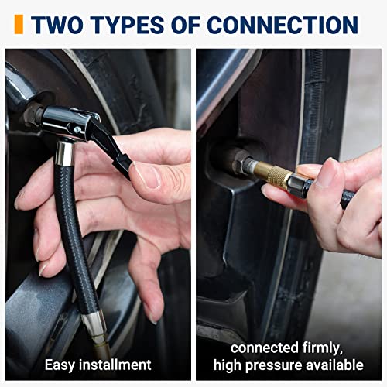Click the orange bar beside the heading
(19, 24)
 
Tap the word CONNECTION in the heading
(283, 25)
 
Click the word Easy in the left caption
(60, 365)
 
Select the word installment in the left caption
(115, 365)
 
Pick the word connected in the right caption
(264, 348)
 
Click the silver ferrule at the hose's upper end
(64, 153)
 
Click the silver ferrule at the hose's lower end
(94, 324)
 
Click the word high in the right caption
(228, 365)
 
